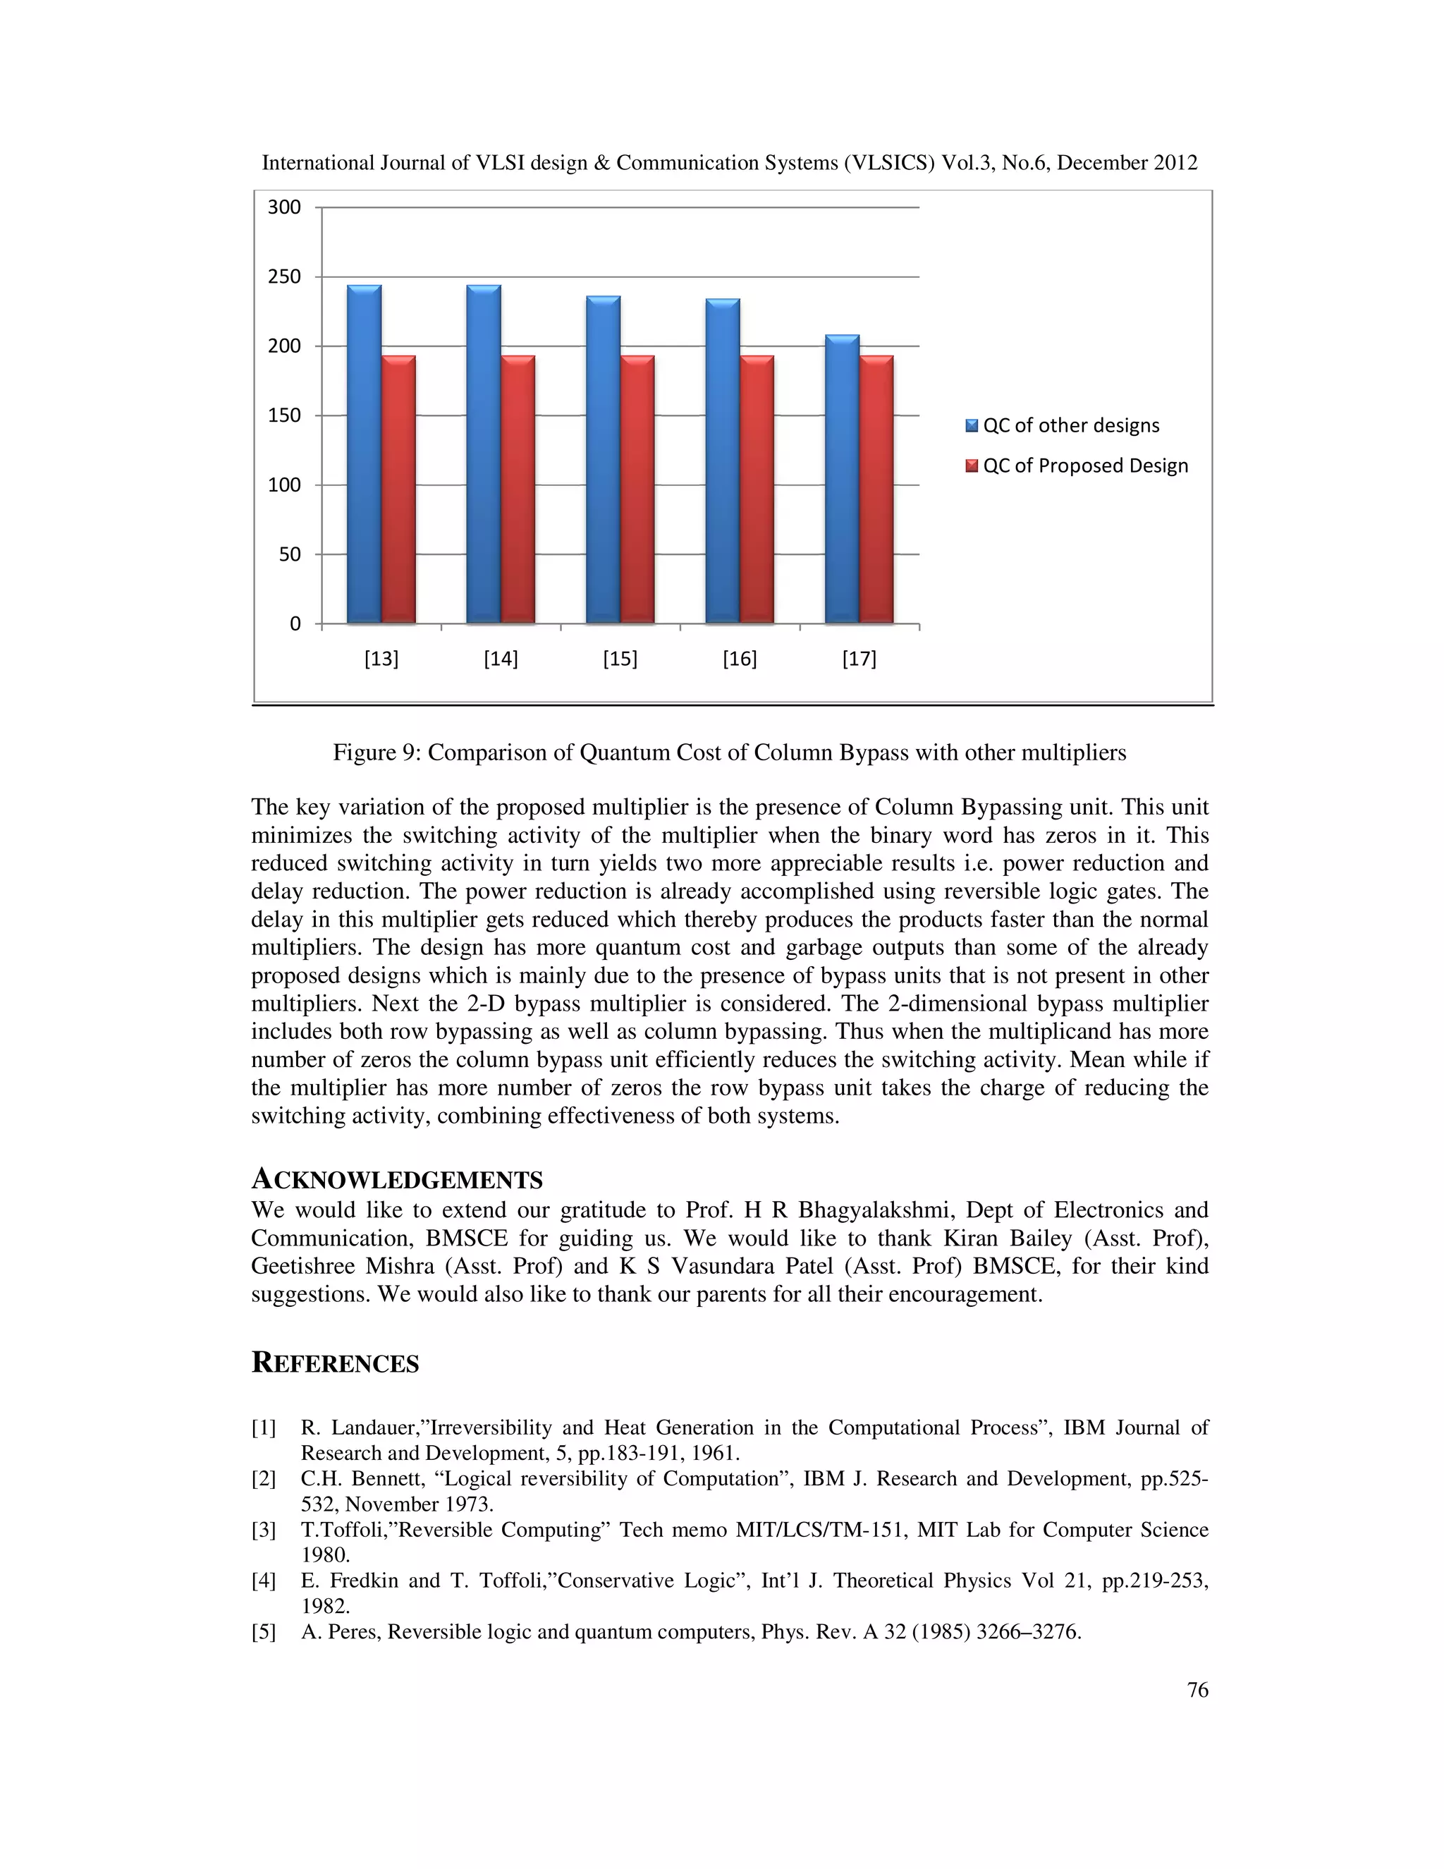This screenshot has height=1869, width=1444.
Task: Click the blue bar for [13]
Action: pos(365,453)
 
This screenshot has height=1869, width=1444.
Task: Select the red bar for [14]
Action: pos(518,489)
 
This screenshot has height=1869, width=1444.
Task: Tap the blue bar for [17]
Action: pos(842,478)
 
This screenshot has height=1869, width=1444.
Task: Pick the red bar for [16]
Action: pos(757,489)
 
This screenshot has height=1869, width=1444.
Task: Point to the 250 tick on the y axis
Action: pos(284,276)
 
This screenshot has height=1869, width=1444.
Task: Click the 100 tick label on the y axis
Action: pos(284,485)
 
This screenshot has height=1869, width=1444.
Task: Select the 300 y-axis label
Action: pos(284,207)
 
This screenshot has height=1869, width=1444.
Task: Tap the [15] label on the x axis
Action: pos(620,659)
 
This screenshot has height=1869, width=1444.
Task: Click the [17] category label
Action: pos(859,659)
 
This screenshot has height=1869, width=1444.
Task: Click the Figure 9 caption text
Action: pos(729,753)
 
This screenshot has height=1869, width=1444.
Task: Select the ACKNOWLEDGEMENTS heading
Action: pos(397,1180)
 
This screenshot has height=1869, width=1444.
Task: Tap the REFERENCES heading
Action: pos(336,1363)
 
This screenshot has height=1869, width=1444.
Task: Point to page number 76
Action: pos(1198,1690)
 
